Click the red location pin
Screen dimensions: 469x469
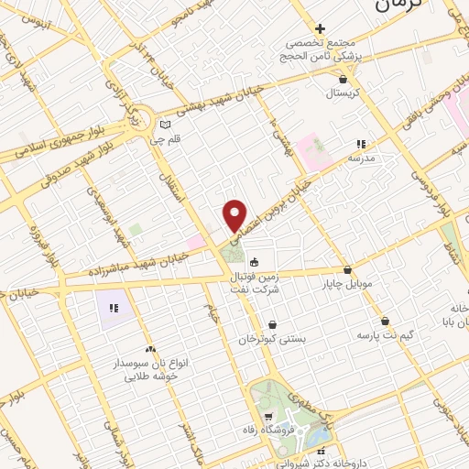pos(235,215)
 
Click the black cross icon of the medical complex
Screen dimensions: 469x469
pos(320,29)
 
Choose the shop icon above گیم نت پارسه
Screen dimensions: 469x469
pos(385,322)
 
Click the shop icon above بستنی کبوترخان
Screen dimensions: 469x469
pos(272,325)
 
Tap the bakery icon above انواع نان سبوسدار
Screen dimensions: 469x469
pos(149,349)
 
